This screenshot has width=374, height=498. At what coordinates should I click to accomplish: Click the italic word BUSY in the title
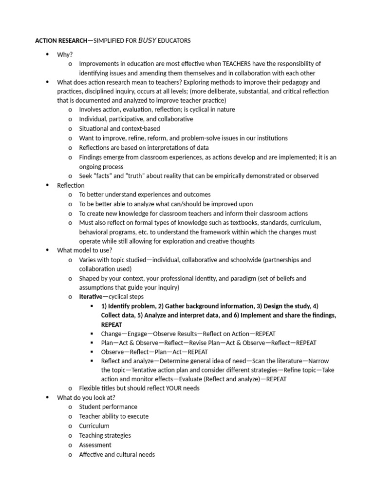(x=148, y=40)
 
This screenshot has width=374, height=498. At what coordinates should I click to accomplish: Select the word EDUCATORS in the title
(x=174, y=41)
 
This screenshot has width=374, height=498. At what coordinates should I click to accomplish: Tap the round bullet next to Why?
(x=47, y=54)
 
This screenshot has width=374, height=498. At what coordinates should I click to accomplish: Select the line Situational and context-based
(x=119, y=128)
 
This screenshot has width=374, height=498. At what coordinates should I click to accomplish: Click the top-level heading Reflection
(x=71, y=185)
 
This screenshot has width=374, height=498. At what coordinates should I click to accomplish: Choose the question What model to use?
(x=85, y=250)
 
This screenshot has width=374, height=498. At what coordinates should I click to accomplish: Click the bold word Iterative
(x=91, y=297)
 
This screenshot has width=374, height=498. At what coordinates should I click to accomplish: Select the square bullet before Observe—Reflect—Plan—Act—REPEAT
(x=92, y=352)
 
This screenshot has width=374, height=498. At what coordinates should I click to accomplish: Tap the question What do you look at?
(x=86, y=397)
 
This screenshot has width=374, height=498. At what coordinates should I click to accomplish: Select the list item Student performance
(x=108, y=407)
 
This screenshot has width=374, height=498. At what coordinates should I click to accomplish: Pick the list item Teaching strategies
(x=105, y=435)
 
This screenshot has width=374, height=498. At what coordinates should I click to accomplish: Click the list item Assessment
(x=95, y=445)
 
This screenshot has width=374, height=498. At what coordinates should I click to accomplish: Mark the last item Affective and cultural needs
(x=117, y=454)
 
